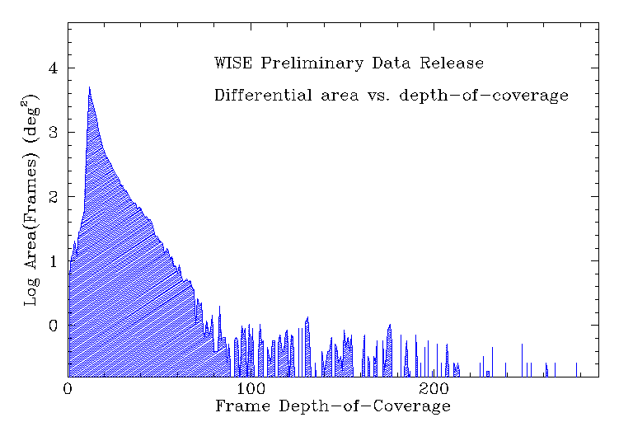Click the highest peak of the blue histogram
[89, 87]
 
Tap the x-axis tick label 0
[68, 387]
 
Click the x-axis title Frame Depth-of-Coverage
[333, 406]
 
